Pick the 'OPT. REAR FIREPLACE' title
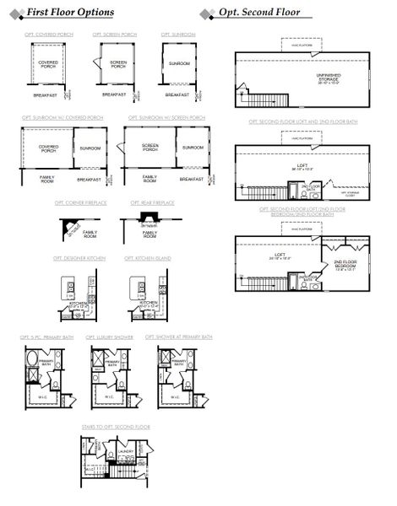(x=153, y=203)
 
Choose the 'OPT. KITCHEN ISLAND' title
(x=148, y=259)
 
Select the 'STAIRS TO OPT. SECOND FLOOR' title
(x=116, y=428)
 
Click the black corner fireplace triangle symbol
(x=68, y=223)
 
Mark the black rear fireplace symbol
(x=149, y=222)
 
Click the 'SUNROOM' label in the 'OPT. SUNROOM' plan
(x=178, y=63)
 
